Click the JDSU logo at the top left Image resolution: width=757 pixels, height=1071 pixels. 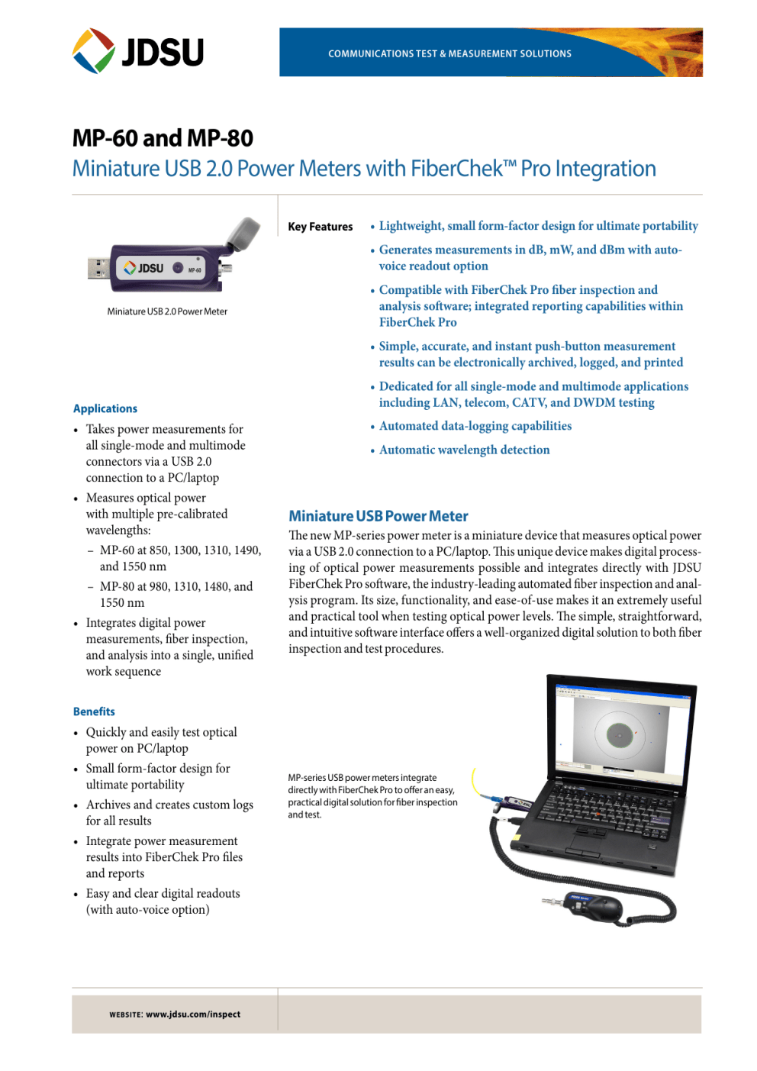coord(138,51)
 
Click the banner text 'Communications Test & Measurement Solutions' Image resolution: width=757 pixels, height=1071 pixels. coord(449,53)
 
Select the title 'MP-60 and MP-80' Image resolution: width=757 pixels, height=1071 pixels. coord(163,138)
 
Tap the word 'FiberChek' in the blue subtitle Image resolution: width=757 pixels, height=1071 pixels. coord(456,169)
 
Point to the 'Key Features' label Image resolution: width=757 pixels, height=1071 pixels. coord(320,227)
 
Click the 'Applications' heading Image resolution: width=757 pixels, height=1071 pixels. coord(105,408)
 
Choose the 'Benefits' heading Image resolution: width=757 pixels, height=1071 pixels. coord(94,711)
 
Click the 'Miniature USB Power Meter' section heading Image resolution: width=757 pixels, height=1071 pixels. coord(378,516)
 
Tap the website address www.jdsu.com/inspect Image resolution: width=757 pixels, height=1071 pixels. coord(192,1015)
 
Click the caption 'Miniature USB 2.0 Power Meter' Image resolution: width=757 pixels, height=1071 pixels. coord(167,311)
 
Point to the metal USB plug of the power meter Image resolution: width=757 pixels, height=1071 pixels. coord(98,269)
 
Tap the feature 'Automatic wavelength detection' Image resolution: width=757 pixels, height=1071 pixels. coord(464,450)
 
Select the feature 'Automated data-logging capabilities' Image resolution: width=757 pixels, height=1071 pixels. coord(475,426)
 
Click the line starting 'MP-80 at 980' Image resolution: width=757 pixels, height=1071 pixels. coord(176,586)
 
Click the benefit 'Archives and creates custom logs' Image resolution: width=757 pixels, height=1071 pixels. coord(169,805)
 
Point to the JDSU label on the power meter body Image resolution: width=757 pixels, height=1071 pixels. coord(145,269)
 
